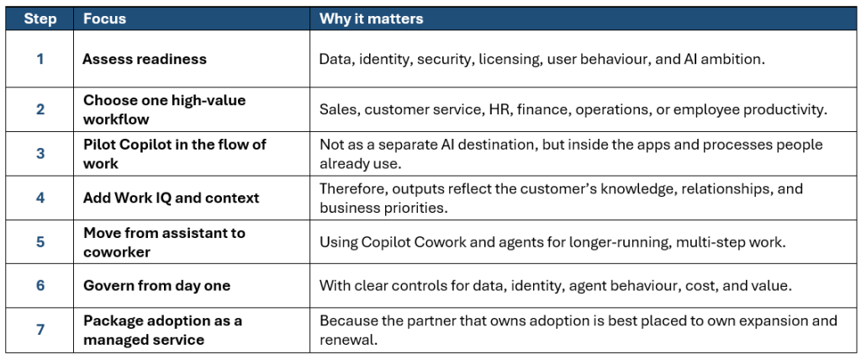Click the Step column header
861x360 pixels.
pos(40,19)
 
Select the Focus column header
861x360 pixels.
pos(104,19)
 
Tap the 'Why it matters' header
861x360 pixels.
pos(371,19)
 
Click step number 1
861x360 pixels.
pos(40,59)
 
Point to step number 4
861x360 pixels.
pos(40,198)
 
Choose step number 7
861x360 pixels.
pos(40,330)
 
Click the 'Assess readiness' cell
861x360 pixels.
pos(145,59)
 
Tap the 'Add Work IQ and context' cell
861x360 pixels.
pos(171,198)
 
